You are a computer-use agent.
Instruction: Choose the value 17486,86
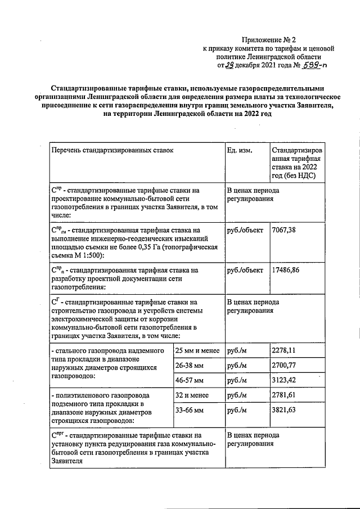pyautogui.click(x=288, y=270)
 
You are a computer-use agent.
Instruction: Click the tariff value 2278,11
pyautogui.click(x=283, y=351)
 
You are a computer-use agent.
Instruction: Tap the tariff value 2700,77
pyautogui.click(x=284, y=366)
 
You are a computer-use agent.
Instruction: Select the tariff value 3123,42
pyautogui.click(x=284, y=381)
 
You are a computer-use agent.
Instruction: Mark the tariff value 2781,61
pyautogui.click(x=283, y=396)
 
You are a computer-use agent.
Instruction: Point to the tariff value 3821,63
pyautogui.click(x=283, y=411)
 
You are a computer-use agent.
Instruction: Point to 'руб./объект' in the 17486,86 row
pyautogui.click(x=245, y=270)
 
